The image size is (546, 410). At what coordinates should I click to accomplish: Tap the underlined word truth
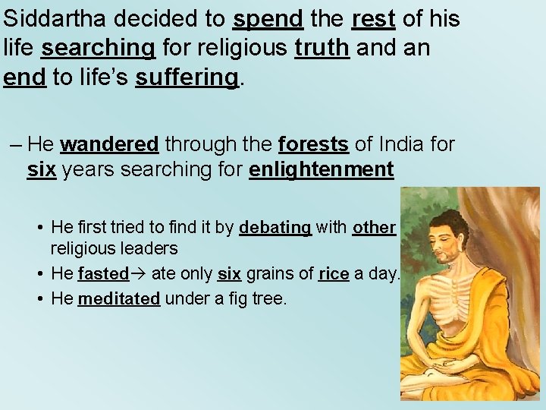(x=322, y=49)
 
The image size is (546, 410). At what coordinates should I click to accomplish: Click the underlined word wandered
(x=109, y=143)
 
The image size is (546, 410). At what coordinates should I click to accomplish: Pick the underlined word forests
(x=313, y=143)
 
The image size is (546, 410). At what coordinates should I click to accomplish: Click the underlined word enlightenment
(x=321, y=169)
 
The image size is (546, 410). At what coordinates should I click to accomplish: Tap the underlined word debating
(x=275, y=228)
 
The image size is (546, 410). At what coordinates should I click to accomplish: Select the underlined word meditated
(x=119, y=299)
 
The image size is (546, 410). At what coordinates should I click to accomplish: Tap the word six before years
(x=42, y=169)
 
